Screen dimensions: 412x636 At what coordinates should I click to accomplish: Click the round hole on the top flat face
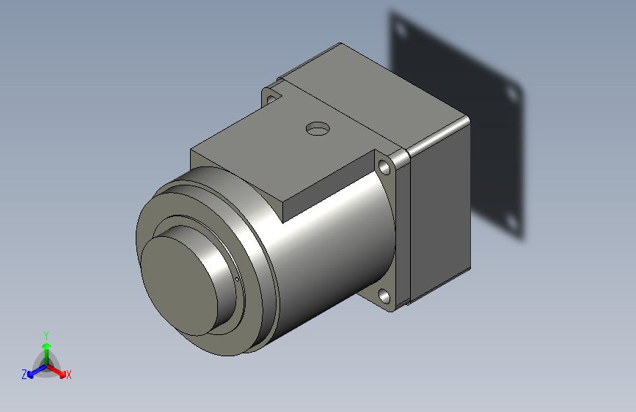click(318, 129)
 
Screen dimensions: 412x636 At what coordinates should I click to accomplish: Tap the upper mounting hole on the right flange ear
click(386, 168)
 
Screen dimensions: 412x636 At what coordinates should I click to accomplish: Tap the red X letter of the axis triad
click(69, 375)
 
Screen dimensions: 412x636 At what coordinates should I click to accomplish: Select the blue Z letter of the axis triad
click(24, 374)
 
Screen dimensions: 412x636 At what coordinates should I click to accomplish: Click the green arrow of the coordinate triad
click(46, 347)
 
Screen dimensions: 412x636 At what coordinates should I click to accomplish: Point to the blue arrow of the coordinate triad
click(34, 371)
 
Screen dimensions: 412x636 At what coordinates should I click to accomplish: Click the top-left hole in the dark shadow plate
click(400, 30)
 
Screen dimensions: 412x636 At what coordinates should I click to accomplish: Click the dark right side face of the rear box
click(440, 213)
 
